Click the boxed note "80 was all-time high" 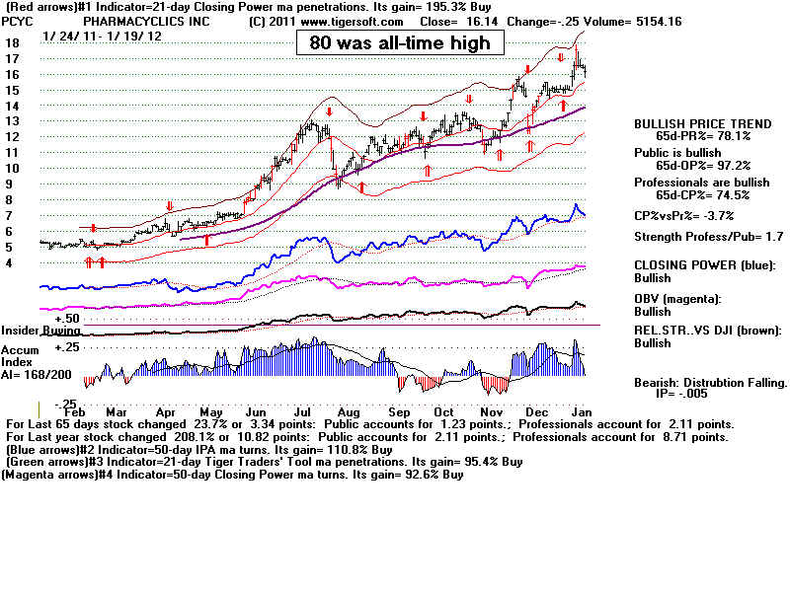(400, 42)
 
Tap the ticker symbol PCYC (18, 22)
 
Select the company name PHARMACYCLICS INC (146, 22)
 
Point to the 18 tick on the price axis (13, 43)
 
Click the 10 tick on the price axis (13, 168)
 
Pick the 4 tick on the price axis (9, 262)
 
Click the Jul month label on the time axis (303, 411)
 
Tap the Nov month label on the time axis (491, 411)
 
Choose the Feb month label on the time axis (75, 411)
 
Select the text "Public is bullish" (677, 153)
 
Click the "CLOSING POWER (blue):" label (705, 265)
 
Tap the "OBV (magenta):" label (677, 299)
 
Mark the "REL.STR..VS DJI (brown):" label (708, 331)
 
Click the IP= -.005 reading (681, 394)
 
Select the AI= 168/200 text (37, 375)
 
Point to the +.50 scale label (67, 318)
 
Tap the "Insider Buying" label (40, 331)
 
